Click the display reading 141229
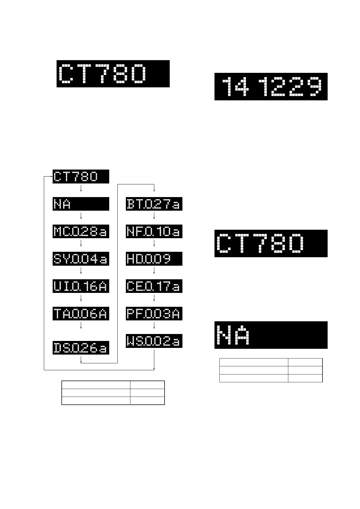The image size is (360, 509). click(271, 86)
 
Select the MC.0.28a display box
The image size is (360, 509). click(81, 231)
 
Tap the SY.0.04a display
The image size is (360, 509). click(81, 259)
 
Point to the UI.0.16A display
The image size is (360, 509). click(81, 286)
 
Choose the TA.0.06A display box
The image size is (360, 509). click(81, 313)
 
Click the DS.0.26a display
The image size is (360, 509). click(81, 348)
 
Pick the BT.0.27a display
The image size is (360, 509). click(154, 204)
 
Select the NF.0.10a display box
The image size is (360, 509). click(154, 231)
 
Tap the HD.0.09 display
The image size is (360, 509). click(154, 259)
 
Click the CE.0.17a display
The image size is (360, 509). click(154, 286)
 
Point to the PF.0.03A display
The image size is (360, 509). click(154, 313)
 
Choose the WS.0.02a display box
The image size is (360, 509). click(154, 341)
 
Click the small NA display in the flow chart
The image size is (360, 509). click(81, 204)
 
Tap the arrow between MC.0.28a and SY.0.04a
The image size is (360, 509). click(81, 244)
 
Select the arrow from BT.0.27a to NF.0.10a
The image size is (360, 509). click(154, 216)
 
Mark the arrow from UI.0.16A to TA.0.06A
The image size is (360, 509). click(81, 298)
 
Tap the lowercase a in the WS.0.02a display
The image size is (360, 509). click(176, 342)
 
